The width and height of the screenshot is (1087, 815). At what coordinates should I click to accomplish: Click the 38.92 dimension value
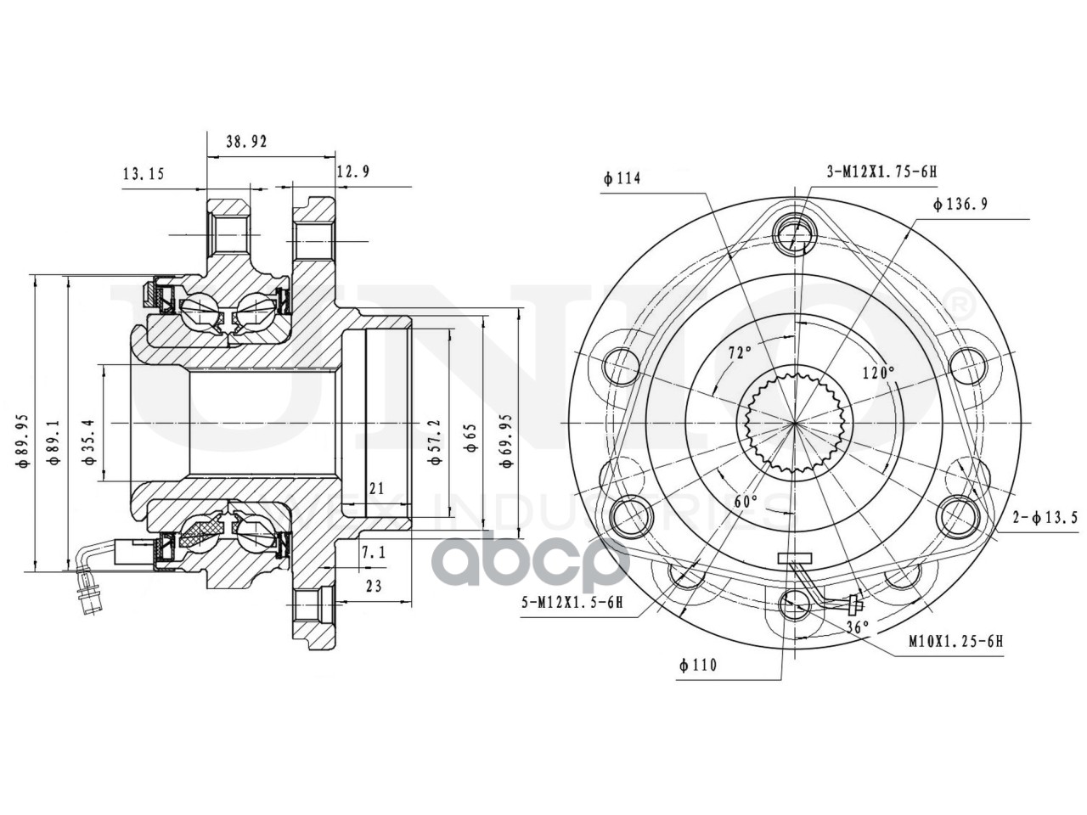coord(246,143)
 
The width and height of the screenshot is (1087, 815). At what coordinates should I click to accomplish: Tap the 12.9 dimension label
coord(352,172)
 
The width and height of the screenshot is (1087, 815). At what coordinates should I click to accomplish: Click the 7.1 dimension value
coord(374,553)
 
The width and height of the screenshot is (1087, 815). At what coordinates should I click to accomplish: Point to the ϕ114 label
coord(622,179)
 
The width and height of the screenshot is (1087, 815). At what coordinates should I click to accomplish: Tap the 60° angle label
coord(745,502)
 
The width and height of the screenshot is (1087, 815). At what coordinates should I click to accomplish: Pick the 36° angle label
coord(859,627)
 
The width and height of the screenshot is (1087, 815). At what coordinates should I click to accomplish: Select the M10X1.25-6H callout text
coord(955,642)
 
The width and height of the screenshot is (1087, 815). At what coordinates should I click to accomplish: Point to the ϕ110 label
coord(697,666)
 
